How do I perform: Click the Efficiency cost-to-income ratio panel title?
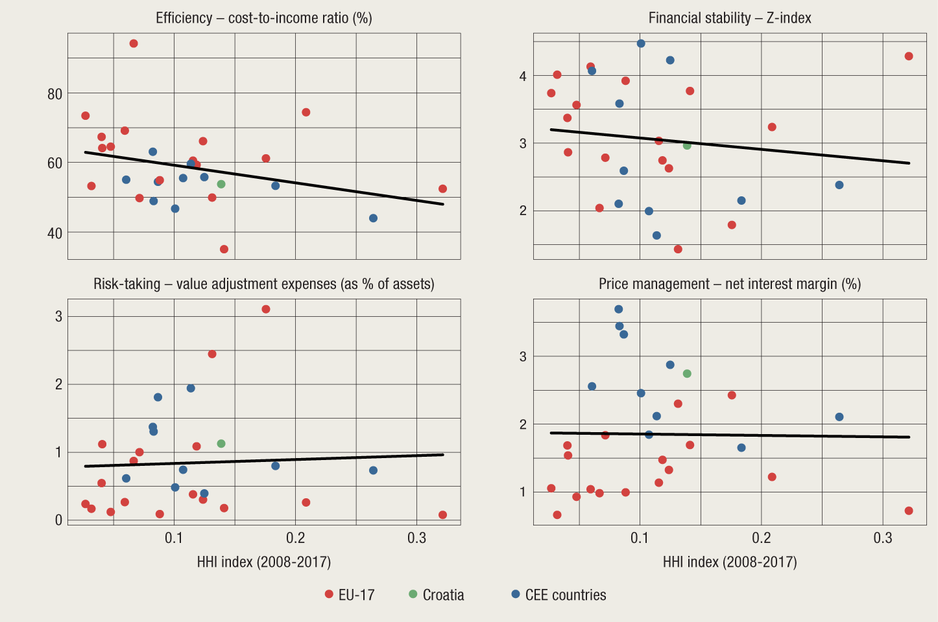tap(263, 17)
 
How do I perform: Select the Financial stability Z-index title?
tap(730, 17)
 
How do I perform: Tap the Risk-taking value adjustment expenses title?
tap(263, 284)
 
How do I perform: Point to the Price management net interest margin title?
tap(730, 284)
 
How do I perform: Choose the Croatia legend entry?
tap(437, 595)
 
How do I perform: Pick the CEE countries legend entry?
tap(559, 595)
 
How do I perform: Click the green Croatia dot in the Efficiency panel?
tap(221, 184)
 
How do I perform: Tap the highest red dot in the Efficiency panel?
tap(134, 43)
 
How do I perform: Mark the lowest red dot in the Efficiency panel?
tap(224, 249)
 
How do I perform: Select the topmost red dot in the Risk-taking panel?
tap(266, 309)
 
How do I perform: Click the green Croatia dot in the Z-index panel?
tap(687, 145)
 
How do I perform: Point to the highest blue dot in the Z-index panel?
tap(641, 43)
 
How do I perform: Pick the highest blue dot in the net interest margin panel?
tap(619, 309)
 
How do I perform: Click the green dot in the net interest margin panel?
tap(687, 373)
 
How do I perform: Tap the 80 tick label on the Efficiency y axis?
tap(55, 94)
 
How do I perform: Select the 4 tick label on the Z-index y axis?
tap(523, 76)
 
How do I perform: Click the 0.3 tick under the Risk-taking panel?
tap(417, 538)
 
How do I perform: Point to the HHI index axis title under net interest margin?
tap(730, 562)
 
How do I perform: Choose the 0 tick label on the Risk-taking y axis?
tap(59, 520)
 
